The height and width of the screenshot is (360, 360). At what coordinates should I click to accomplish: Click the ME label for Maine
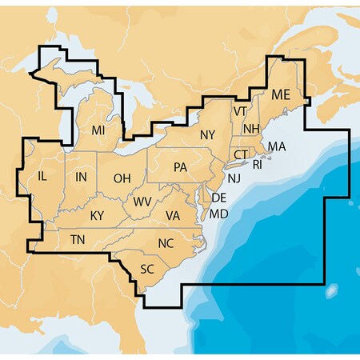click(281, 95)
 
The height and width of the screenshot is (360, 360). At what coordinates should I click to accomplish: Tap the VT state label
click(240, 110)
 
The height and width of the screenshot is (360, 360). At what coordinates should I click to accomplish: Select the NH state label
click(250, 129)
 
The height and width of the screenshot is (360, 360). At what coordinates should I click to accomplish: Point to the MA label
click(276, 146)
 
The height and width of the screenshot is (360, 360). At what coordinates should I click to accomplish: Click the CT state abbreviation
click(241, 153)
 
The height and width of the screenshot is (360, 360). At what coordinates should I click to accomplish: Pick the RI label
click(257, 165)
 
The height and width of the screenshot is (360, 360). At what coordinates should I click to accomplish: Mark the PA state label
click(180, 167)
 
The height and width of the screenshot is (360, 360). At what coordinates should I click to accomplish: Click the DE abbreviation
click(219, 197)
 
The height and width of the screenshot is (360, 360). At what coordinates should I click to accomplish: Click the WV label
click(143, 201)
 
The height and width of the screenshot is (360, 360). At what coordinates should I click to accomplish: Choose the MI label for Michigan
click(98, 130)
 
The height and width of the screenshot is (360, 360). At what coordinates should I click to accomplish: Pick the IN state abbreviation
click(81, 176)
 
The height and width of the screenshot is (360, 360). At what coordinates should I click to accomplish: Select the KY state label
click(97, 215)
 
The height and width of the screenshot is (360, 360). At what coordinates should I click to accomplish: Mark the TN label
click(78, 240)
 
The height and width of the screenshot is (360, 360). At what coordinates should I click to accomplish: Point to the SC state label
click(147, 269)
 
